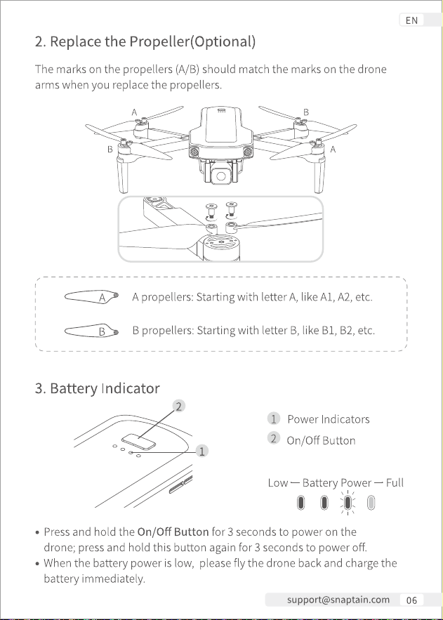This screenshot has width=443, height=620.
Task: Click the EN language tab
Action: (411, 20)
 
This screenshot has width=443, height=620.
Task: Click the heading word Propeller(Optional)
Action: (192, 41)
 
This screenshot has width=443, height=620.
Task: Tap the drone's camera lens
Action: (221, 176)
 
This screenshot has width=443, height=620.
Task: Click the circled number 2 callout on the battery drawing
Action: (178, 406)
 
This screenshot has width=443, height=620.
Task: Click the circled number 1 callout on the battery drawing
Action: (202, 451)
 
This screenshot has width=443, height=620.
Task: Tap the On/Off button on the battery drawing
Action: (139, 442)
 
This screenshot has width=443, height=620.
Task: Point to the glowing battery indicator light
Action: (348, 503)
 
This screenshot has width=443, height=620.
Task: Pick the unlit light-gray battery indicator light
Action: (371, 503)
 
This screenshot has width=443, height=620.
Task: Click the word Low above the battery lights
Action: (278, 483)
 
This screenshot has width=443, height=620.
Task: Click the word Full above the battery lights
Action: (395, 483)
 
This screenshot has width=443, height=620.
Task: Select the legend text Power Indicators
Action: (329, 419)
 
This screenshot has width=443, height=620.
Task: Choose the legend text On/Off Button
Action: (321, 440)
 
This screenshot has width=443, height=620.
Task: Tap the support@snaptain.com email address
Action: (338, 600)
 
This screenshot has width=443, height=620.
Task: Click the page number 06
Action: (411, 600)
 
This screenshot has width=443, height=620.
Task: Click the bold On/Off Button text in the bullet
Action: (173, 532)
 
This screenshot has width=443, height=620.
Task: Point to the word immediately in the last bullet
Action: (113, 579)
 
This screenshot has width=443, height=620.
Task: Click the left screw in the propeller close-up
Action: (211, 211)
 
